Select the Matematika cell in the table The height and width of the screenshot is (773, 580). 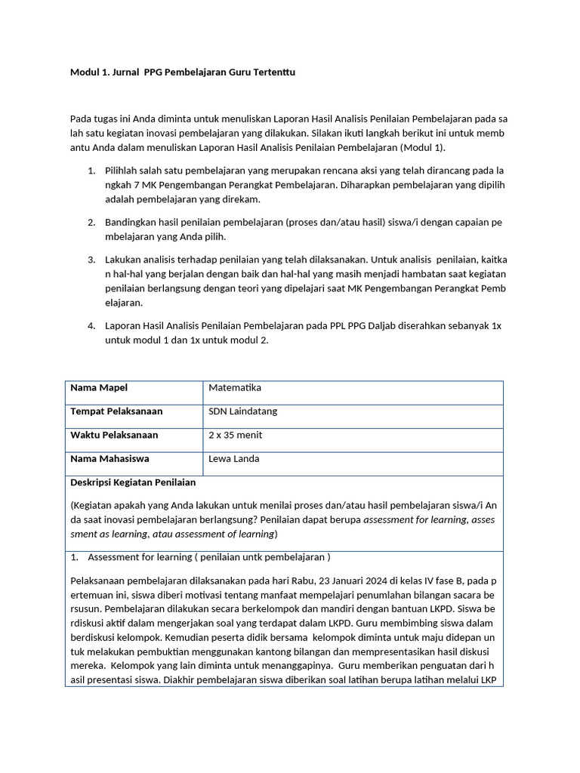pos(234,388)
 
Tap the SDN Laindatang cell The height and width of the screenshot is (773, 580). pos(242,411)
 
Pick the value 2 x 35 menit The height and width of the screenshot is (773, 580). pos(236,436)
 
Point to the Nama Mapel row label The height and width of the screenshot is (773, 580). pos(99,388)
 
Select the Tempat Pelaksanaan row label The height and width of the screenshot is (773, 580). pos(116,411)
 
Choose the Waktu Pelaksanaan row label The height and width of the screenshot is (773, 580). pos(114,436)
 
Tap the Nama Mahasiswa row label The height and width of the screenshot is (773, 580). pos(110,459)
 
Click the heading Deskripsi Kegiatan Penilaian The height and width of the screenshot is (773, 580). pos(133,482)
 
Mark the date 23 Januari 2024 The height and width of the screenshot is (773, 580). pos(347,581)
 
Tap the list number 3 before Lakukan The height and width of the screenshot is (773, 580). pos(91,260)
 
